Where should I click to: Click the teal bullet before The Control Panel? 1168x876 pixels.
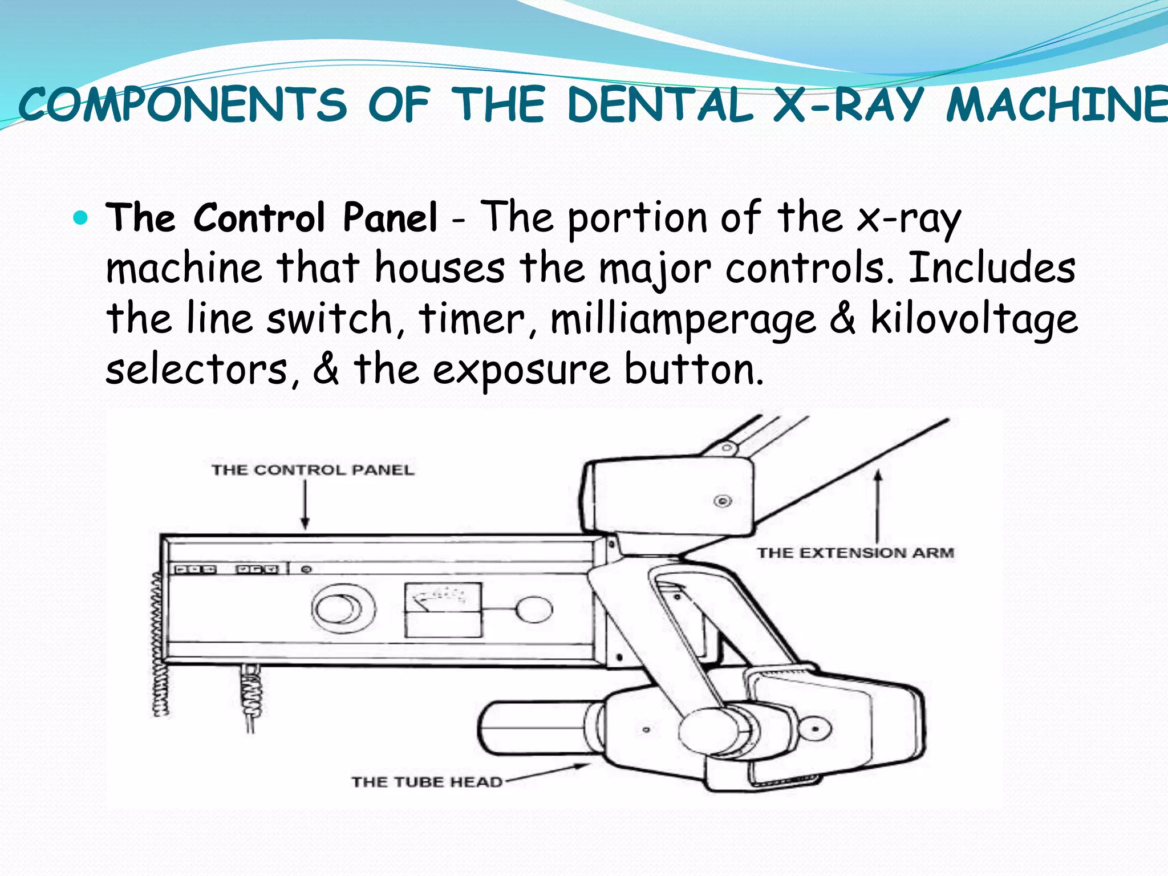[82, 218]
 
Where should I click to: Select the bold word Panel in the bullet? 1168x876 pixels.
[390, 218]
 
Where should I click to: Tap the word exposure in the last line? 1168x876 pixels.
[521, 371]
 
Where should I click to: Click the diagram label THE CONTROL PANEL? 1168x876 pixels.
[313, 470]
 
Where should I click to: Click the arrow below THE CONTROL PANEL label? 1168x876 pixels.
[305, 505]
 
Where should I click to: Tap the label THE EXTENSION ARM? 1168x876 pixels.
[855, 553]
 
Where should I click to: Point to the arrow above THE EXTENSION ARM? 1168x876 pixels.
[878, 505]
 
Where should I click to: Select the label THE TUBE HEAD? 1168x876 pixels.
[427, 781]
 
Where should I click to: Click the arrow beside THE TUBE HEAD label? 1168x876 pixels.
[547, 773]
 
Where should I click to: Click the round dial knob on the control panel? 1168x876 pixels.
[343, 609]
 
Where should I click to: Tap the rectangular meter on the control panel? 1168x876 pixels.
[443, 609]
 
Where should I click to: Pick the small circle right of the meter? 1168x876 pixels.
[534, 609]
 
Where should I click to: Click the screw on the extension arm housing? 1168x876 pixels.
[723, 501]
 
